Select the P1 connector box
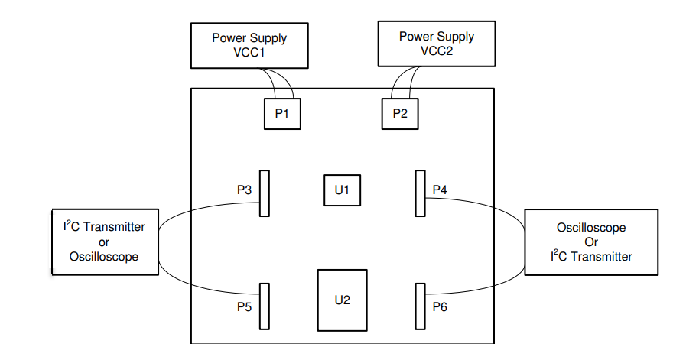(x=281, y=114)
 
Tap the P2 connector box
(x=400, y=114)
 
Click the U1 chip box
(x=342, y=190)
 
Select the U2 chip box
(x=342, y=300)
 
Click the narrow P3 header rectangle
(x=265, y=193)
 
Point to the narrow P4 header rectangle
(x=420, y=193)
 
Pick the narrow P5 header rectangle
(x=265, y=306)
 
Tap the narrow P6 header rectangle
(x=420, y=306)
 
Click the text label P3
(x=245, y=189)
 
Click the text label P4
(x=441, y=189)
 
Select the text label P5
(x=245, y=306)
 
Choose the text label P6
(x=441, y=306)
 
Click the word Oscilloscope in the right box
(x=591, y=228)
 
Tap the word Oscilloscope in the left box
(x=104, y=257)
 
